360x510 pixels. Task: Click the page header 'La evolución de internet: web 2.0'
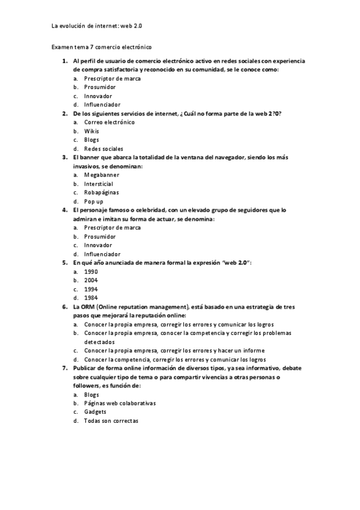[97, 26]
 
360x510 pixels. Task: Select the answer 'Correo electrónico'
[109, 122]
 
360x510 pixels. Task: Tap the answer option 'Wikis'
[91, 131]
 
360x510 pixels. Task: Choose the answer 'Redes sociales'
[103, 149]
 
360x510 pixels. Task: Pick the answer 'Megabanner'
[102, 175]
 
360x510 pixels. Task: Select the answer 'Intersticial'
[99, 184]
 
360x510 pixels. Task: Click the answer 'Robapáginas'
[102, 192]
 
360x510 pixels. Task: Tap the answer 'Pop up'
[94, 201]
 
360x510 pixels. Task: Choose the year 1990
[91, 272]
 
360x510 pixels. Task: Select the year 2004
[91, 280]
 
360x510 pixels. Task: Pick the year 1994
[91, 289]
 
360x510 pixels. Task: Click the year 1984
[91, 298]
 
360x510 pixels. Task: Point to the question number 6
[64, 307]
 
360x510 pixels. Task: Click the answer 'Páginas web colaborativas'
[120, 404]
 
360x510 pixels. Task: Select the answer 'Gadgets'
[95, 412]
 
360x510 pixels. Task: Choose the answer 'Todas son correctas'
[111, 421]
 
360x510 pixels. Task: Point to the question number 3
[64, 158]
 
